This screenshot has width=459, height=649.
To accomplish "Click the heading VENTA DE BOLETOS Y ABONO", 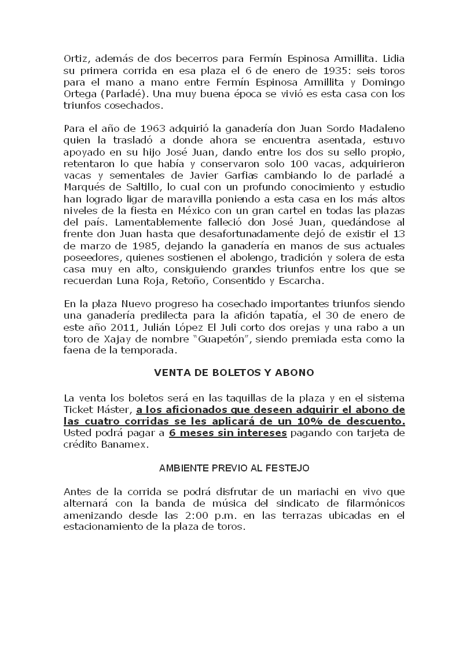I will pyautogui.click(x=234, y=373).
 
